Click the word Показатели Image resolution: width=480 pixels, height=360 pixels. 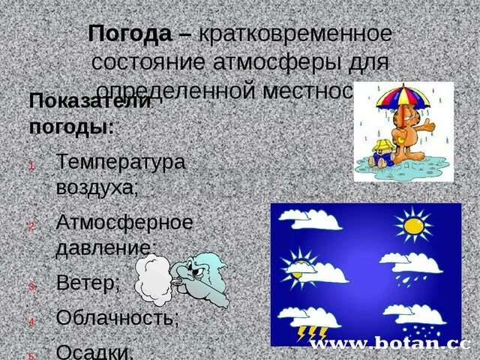coord(90,101)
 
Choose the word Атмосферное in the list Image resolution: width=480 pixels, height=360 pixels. coord(124,222)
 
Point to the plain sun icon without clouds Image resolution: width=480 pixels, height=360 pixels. coord(414,224)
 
